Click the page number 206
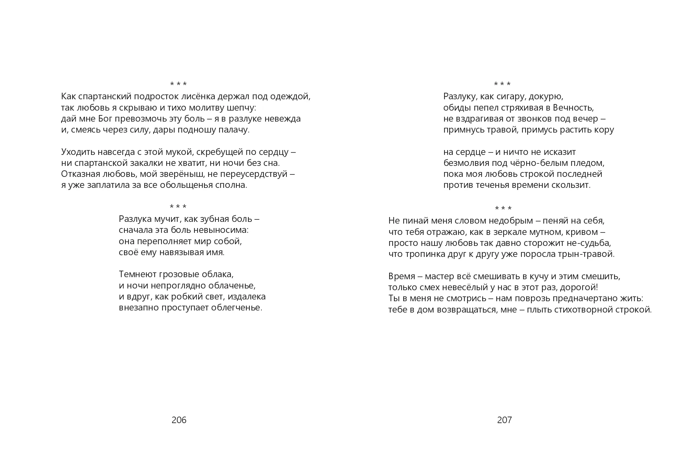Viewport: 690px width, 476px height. click(179, 420)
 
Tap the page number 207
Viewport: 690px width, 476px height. click(504, 420)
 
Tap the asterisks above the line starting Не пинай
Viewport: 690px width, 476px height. click(503, 208)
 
